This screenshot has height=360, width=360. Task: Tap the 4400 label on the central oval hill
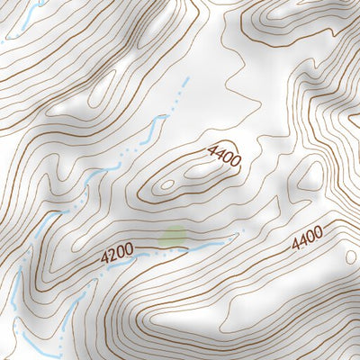point(224,156)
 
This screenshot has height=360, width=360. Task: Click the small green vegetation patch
point(173,237)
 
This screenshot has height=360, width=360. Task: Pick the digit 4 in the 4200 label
point(104,258)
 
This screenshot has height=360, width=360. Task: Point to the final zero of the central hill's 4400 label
point(236,163)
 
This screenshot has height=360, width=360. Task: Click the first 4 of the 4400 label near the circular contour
point(294,244)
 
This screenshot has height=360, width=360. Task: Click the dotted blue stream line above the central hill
point(175,99)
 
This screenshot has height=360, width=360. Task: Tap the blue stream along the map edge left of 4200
point(16,288)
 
